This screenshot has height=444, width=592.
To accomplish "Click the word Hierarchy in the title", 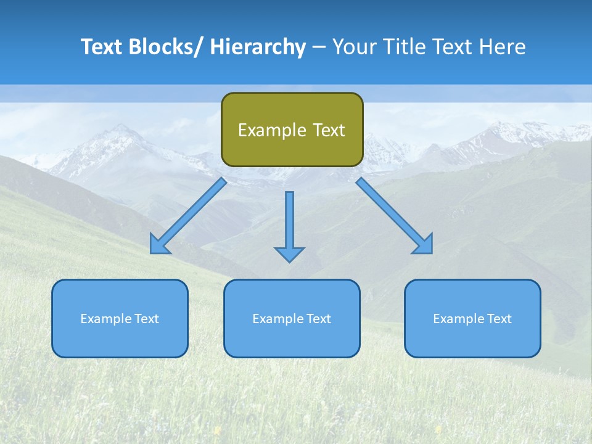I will pyautogui.click(x=258, y=47).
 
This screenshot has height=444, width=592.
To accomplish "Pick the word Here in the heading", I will pyautogui.click(x=503, y=47).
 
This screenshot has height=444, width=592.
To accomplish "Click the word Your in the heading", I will pyautogui.click(x=354, y=47).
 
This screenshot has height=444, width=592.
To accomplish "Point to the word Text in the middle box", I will pyautogui.click(x=318, y=319).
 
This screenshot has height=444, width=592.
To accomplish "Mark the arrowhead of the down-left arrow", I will pyautogui.click(x=158, y=245).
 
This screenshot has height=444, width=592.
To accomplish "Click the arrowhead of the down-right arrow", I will pyautogui.click(x=424, y=245).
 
